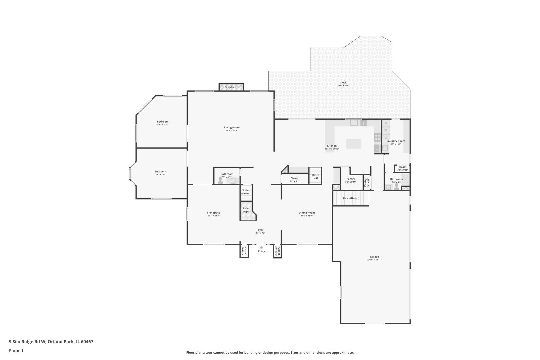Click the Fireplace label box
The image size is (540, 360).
tap(230, 87)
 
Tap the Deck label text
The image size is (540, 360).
tap(343, 83)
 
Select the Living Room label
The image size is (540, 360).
tap(232, 128)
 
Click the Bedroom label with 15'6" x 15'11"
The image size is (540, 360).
tap(163, 122)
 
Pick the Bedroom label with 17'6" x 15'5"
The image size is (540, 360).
tap(160, 172)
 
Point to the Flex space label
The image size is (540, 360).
tap(213, 213)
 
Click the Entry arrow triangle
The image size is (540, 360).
tap(261, 247)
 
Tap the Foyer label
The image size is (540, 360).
tap(260, 230)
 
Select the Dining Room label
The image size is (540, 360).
tap(307, 213)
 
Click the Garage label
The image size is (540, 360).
tap(374, 257)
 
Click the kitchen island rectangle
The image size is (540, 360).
tap(353, 144)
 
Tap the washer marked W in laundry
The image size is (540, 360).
tap(386, 137)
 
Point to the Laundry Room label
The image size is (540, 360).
tap(396, 141)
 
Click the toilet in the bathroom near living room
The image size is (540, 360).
tap(220, 181)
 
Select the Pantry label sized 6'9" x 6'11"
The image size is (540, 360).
tap(350, 179)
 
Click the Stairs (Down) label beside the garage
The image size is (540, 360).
tap(351, 198)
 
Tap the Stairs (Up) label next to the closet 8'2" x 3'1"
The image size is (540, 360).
tap(315, 176)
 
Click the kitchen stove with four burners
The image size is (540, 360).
tap(377, 137)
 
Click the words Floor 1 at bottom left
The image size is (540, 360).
tap(16, 351)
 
